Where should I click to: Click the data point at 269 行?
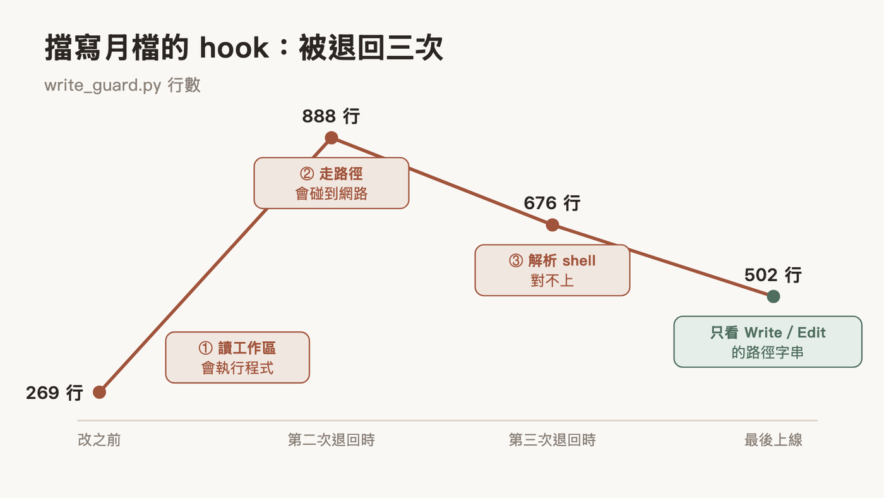100,392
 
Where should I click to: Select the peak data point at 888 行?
331,138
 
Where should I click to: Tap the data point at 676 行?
552,225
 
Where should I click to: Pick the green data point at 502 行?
773,296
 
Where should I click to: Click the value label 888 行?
331,116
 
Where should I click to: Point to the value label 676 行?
552,203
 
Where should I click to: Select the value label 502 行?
773,275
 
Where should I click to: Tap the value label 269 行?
54,392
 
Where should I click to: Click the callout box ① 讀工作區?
237,358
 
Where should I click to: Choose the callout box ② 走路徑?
331,183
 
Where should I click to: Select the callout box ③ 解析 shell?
552,270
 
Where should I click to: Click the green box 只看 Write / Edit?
768,342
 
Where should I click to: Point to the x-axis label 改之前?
100,440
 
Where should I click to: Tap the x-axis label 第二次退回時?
331,440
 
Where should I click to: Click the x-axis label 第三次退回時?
552,440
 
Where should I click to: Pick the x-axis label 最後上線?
773,440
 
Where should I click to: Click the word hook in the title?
234,48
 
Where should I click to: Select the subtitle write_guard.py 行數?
122,85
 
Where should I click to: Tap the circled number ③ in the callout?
516,260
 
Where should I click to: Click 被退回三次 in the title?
371,48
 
